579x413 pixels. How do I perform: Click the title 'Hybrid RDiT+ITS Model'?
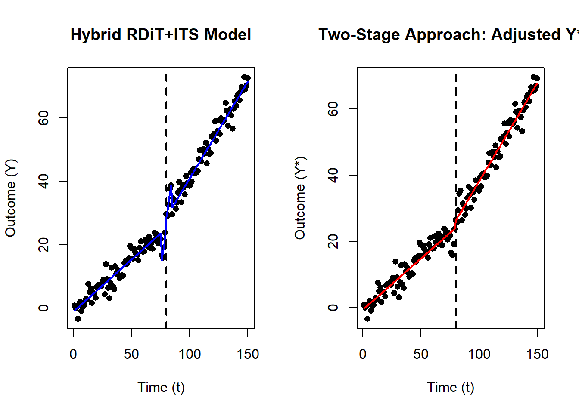[x=161, y=34]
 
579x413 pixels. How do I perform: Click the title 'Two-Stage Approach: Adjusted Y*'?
[x=448, y=34]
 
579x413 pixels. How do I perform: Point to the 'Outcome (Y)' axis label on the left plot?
[x=10, y=198]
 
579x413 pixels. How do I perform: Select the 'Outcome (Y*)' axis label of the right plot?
[x=300, y=198]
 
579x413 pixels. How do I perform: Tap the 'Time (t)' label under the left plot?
[x=161, y=387]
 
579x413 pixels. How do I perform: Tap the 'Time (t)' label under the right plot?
[x=450, y=387]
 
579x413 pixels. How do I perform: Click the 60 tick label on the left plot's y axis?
[x=44, y=118]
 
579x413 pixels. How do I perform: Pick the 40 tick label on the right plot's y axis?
[x=333, y=175]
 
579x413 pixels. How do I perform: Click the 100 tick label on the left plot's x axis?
[x=190, y=354]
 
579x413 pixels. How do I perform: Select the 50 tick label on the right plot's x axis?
[x=421, y=354]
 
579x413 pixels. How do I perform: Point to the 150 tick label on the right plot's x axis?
[x=537, y=354]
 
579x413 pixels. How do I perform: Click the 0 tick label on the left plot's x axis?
[x=73, y=354]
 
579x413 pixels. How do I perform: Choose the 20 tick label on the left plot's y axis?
[x=44, y=245]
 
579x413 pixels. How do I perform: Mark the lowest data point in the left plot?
[x=78, y=319]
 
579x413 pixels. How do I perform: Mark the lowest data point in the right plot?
[x=367, y=319]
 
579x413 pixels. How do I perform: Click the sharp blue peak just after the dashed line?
[x=171, y=185]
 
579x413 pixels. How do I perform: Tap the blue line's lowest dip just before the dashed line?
[x=162, y=259]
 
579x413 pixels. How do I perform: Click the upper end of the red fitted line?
[x=537, y=83]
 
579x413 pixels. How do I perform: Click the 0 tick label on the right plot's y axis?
[x=333, y=308]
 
